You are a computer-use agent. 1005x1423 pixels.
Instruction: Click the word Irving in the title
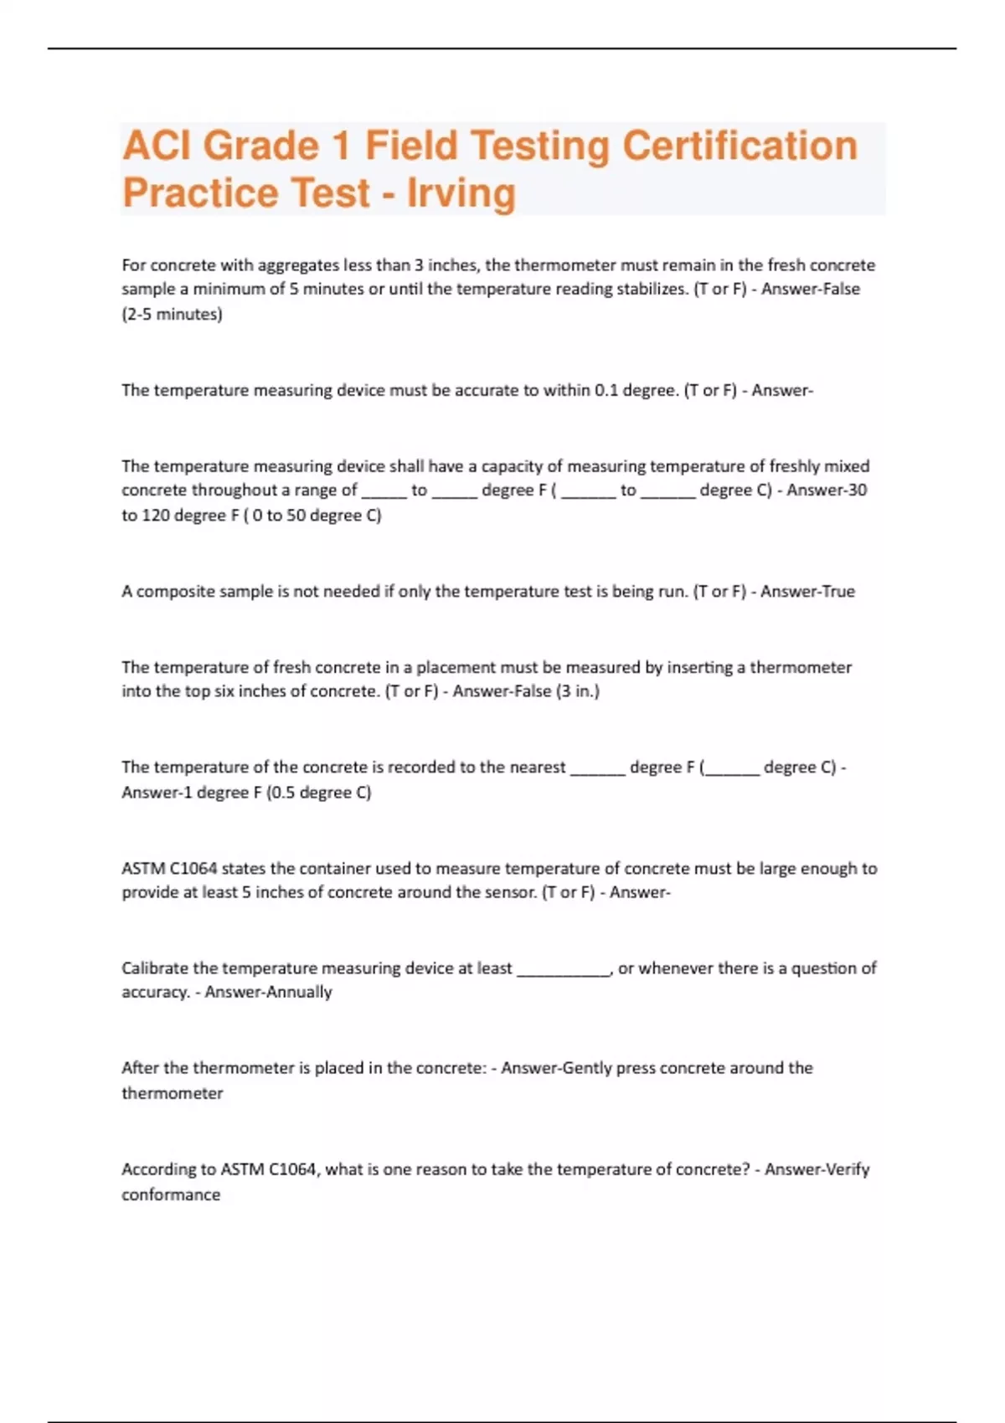click(461, 193)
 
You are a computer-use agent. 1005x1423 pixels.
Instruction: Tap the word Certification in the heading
click(740, 146)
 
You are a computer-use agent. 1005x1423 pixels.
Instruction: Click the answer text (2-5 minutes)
click(172, 315)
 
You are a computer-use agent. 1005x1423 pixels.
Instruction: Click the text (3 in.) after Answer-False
click(577, 691)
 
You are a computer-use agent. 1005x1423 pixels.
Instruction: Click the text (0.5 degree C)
click(318, 793)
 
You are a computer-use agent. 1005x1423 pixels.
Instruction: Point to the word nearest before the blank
click(536, 768)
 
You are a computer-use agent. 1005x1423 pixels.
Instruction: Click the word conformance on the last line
click(171, 1195)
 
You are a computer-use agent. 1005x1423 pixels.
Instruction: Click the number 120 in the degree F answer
click(156, 516)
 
